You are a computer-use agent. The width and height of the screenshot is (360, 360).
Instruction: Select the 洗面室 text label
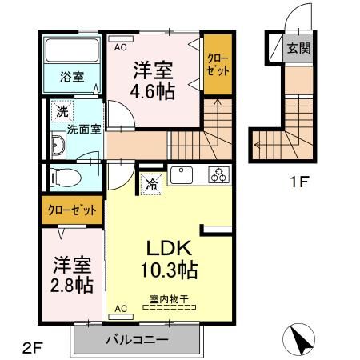click(x=83, y=129)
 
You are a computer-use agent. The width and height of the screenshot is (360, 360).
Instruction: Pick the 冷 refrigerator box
click(x=152, y=183)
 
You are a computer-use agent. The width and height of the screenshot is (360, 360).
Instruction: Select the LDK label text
click(x=166, y=246)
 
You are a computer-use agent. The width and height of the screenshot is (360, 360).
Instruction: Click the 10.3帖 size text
click(x=170, y=269)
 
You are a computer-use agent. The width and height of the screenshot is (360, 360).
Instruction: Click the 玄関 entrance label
click(x=300, y=47)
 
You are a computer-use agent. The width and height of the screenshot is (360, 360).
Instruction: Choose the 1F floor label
click(x=301, y=180)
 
